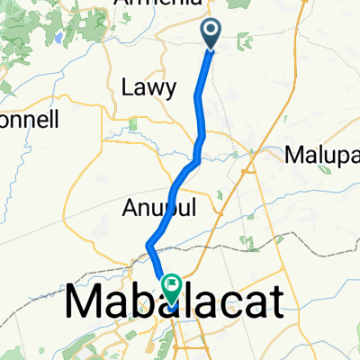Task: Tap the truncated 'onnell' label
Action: coord(29,119)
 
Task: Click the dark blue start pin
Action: coord(211,34)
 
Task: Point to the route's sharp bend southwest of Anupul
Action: coord(148,245)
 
